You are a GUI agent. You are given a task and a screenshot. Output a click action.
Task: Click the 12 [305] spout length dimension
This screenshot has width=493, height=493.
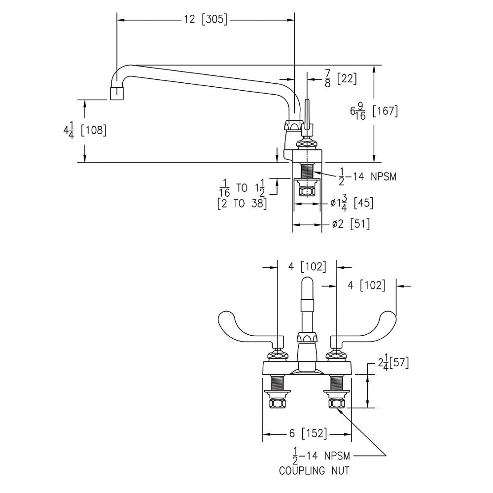point(205,20)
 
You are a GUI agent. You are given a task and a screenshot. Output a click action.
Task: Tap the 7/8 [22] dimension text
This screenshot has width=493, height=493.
point(340,78)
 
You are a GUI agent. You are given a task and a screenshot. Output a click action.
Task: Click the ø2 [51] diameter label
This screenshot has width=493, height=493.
point(350,224)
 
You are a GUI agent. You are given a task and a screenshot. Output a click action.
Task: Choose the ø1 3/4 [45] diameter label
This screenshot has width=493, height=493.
point(352,203)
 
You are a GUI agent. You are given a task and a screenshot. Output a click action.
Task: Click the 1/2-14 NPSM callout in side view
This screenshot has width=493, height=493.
point(368,176)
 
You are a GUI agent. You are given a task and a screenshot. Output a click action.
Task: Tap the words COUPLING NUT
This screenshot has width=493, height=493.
point(314,471)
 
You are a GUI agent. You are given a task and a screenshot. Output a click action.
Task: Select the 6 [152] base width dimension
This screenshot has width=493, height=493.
point(307,433)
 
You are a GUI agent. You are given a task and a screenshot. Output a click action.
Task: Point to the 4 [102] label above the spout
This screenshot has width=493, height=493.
point(307,267)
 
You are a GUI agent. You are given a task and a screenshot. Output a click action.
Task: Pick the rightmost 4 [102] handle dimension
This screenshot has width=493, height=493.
point(366,285)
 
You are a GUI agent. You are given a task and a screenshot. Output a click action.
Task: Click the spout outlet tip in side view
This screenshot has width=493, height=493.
point(116,94)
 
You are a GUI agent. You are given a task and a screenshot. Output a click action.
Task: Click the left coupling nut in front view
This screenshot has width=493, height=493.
point(276,403)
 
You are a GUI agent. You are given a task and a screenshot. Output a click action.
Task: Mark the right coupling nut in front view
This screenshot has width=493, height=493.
point(337,403)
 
